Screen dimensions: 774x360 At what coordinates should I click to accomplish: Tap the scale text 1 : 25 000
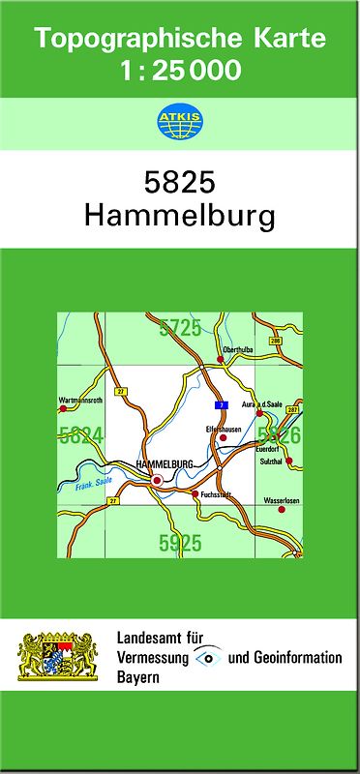click(180, 70)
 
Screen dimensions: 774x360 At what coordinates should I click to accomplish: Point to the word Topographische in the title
click(131, 40)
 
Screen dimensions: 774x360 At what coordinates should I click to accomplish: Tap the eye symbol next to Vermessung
click(207, 658)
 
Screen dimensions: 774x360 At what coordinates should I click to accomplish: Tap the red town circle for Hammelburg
click(157, 477)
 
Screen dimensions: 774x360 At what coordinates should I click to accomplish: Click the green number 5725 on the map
click(181, 328)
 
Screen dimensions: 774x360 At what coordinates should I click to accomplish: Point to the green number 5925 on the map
click(180, 543)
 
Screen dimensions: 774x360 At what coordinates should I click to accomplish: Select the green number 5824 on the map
click(81, 435)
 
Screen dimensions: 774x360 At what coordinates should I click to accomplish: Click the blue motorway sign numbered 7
click(221, 404)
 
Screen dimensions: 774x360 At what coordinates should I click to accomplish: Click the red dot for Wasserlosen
click(282, 509)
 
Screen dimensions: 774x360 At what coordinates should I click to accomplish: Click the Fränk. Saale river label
click(90, 486)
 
